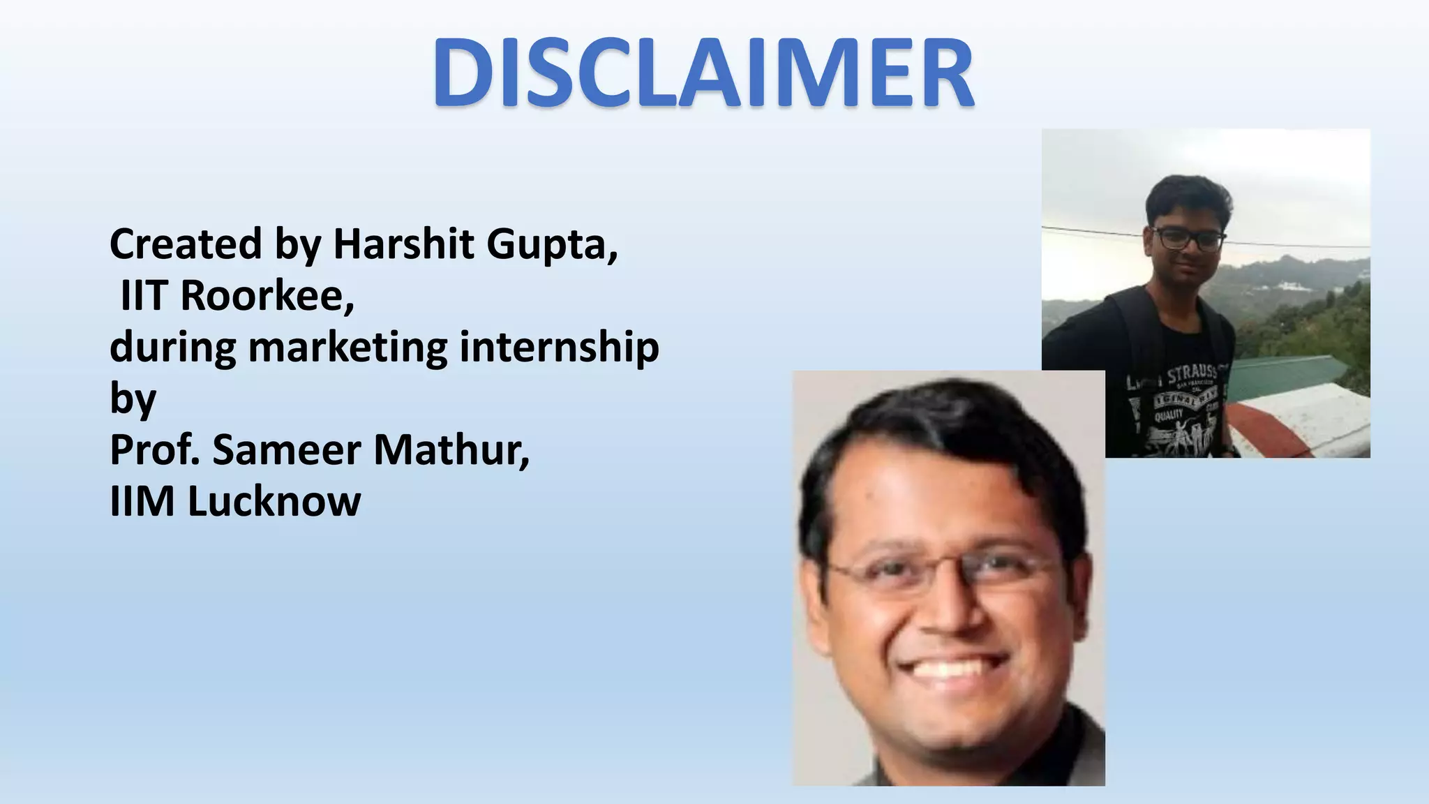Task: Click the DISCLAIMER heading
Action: [x=703, y=73]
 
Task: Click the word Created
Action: [x=186, y=244]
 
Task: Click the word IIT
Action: [x=144, y=295]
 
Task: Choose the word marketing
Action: [x=347, y=348]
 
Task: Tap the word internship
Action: [x=559, y=348]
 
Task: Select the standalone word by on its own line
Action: [x=133, y=400]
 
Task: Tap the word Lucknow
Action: [x=274, y=501]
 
